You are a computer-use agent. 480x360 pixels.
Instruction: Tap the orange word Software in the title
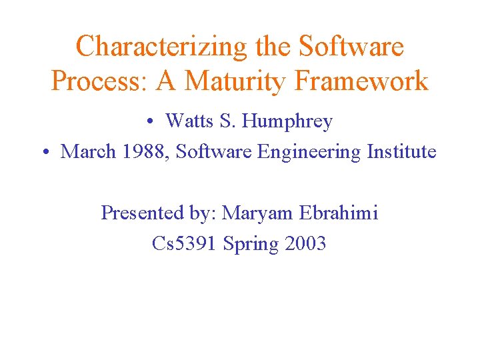(351, 47)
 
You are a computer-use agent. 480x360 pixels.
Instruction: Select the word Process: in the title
(100, 81)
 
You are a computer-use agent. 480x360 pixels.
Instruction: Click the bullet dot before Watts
(152, 121)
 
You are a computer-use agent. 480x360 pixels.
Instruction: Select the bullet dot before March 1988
(46, 152)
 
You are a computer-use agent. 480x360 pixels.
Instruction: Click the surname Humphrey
(288, 122)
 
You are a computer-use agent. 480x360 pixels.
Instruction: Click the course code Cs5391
(184, 244)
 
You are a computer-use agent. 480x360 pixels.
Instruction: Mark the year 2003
(305, 244)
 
